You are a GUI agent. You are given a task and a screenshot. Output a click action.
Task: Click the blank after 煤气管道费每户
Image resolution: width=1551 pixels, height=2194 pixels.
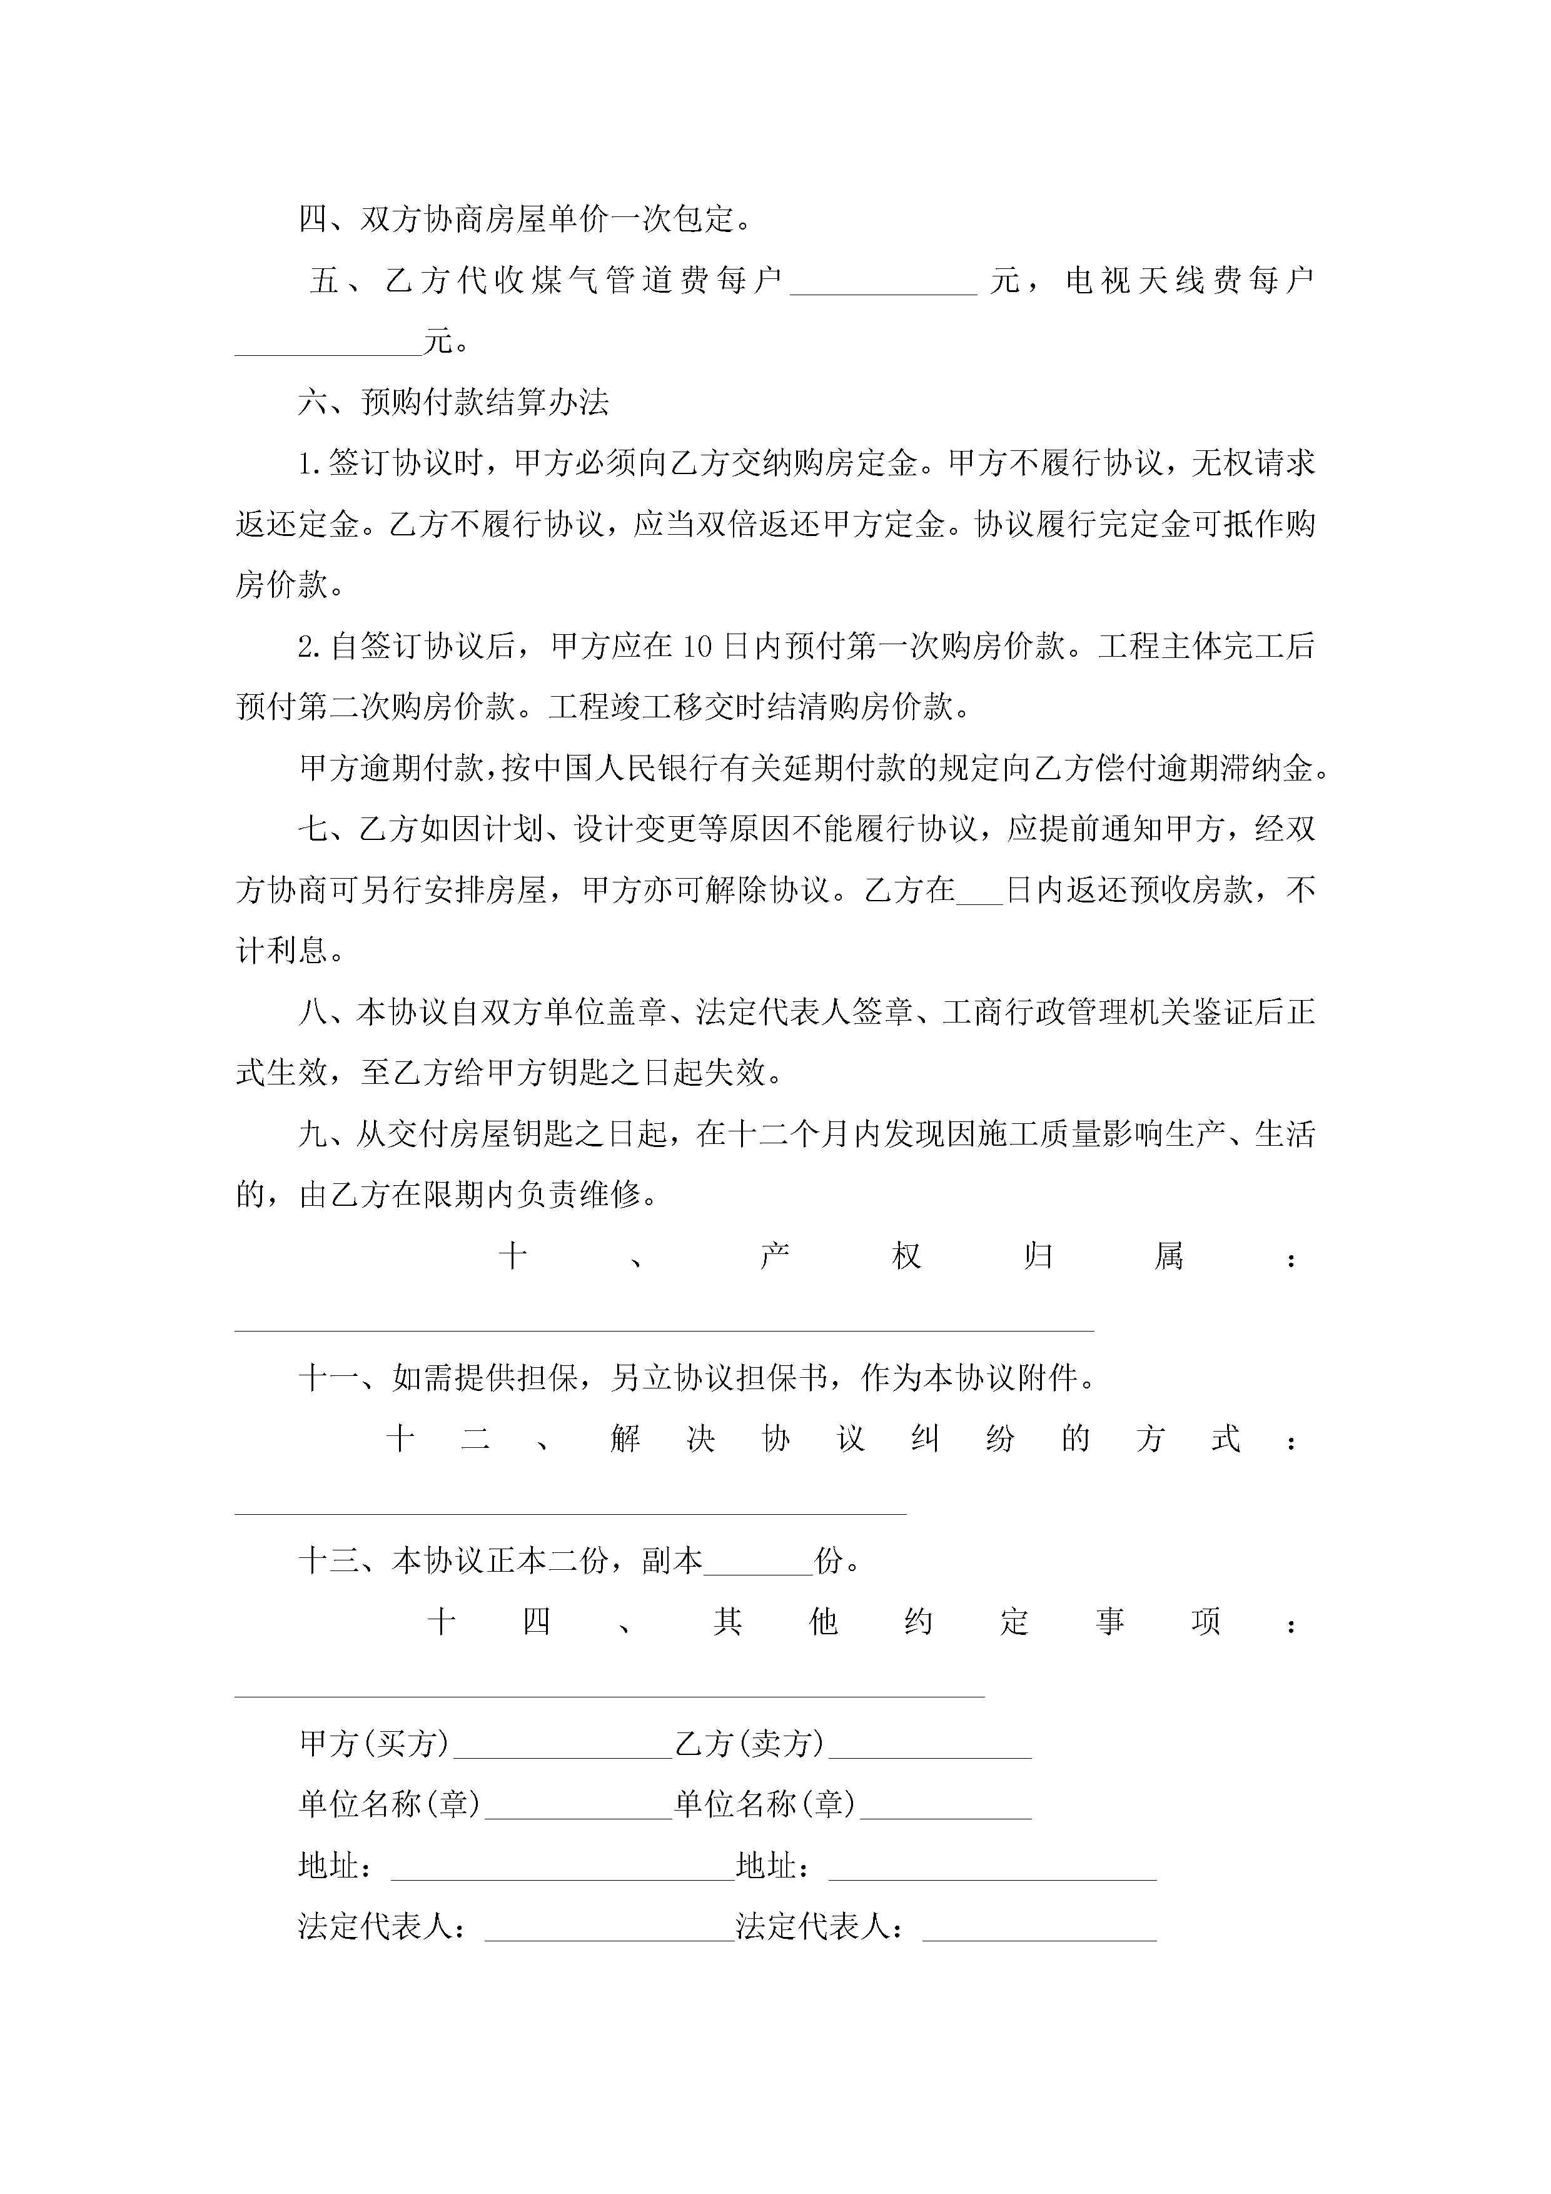coord(883,284)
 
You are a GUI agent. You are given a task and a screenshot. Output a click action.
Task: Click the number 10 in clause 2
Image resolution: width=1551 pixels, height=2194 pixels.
coord(697,647)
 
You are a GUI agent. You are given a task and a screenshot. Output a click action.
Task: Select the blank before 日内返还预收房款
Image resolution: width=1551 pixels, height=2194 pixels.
coord(979,892)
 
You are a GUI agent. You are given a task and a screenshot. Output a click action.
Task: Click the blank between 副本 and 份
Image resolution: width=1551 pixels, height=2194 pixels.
coord(758,1564)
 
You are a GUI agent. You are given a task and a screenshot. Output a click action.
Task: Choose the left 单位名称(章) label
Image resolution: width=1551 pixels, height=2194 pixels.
coord(390,1804)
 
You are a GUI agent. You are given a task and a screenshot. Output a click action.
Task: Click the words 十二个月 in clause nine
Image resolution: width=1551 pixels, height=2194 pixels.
coord(789,1135)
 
